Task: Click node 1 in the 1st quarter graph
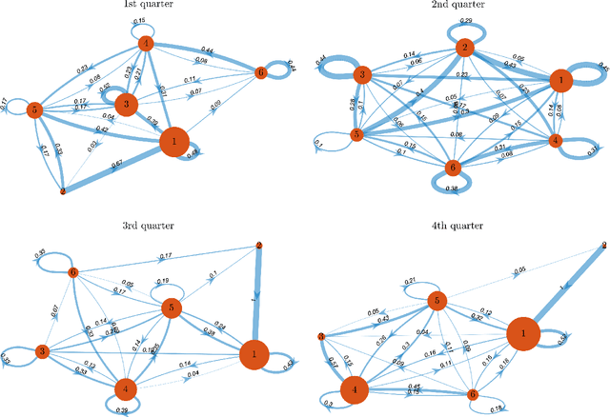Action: click(174, 143)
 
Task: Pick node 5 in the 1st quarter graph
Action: click(34, 110)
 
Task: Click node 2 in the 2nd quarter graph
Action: click(463, 49)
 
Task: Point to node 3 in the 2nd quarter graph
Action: click(363, 75)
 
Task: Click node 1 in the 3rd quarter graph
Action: click(254, 355)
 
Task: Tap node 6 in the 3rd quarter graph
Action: click(72, 273)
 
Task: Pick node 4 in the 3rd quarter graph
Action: click(125, 389)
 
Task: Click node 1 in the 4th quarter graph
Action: click(522, 334)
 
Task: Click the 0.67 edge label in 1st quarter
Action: click(117, 164)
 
